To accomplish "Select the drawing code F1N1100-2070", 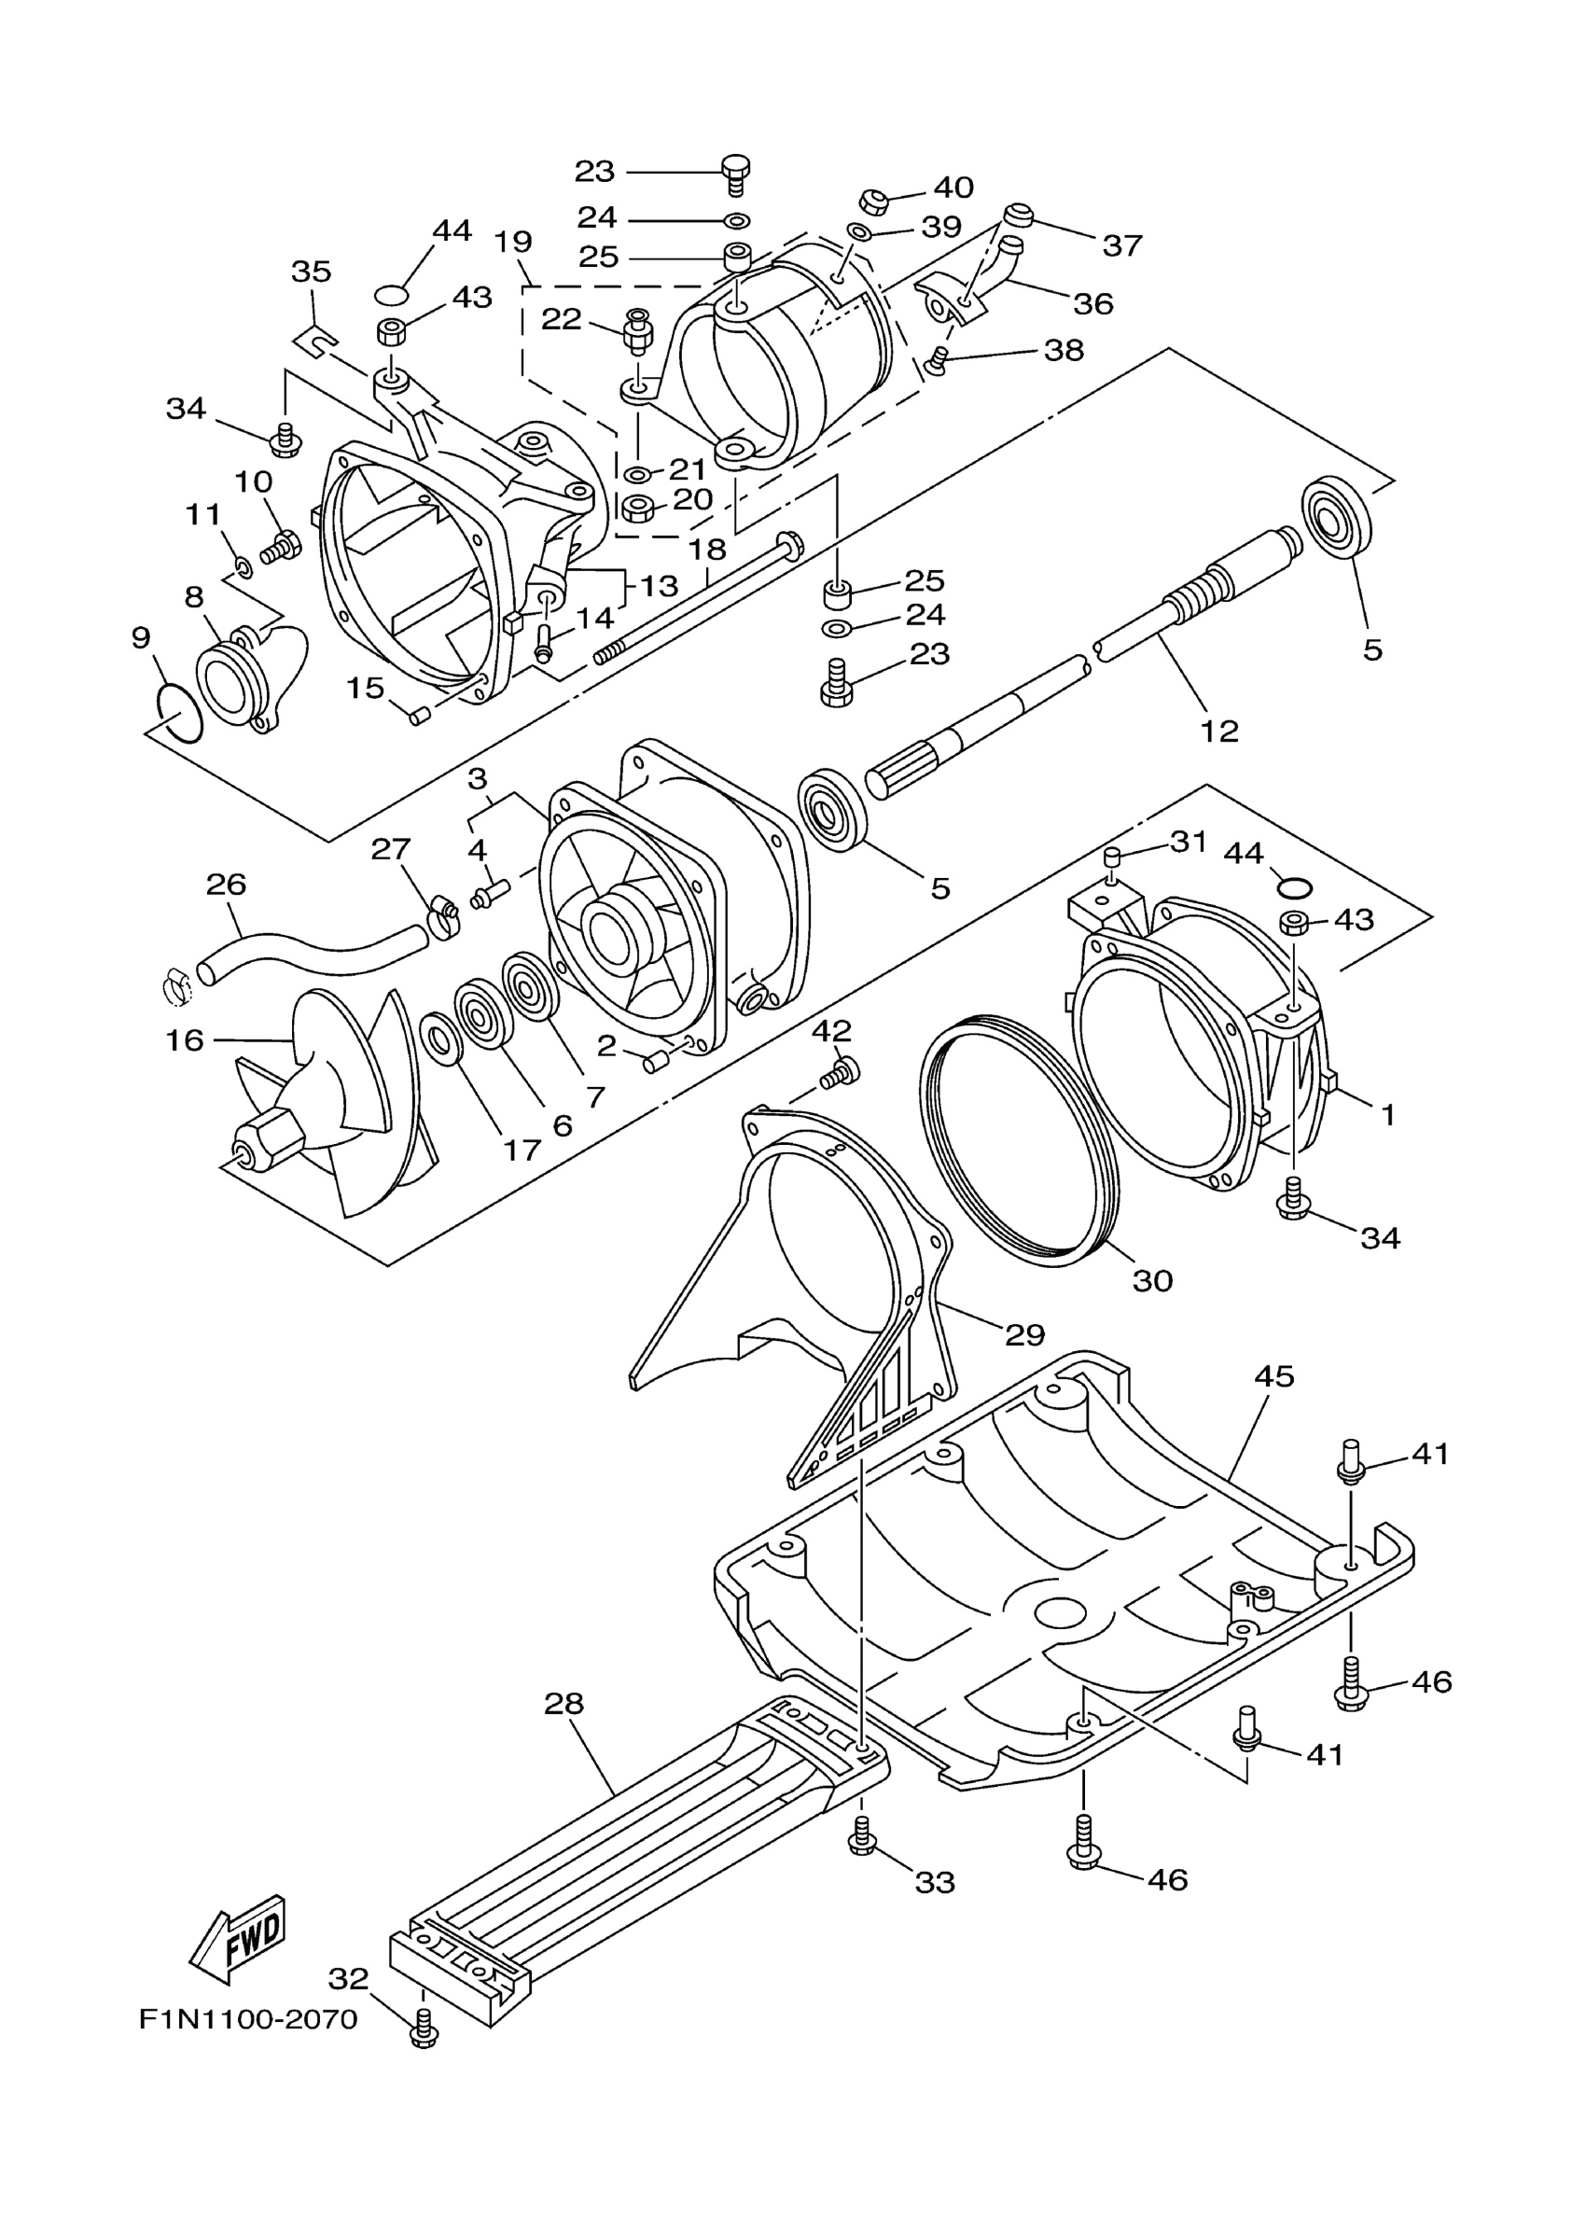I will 248,2019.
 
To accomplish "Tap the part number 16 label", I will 184,1040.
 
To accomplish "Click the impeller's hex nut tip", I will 246,1154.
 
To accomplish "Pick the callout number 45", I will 1273,1376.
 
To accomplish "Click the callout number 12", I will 1218,731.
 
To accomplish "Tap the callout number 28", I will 563,1704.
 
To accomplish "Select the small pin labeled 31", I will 1110,858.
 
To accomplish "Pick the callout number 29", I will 1024,1334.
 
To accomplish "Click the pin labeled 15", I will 420,718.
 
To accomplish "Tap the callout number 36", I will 1092,304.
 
